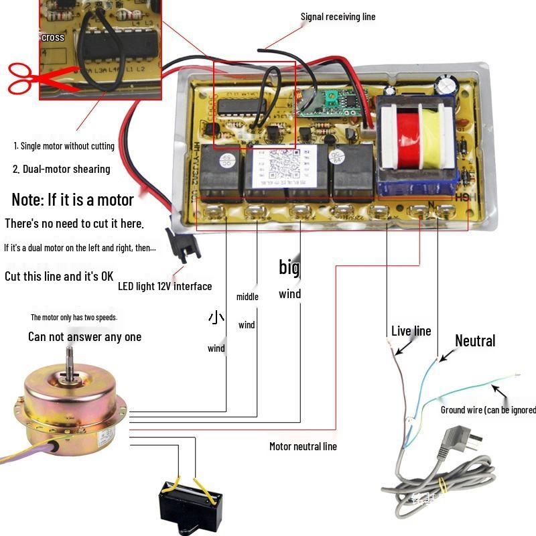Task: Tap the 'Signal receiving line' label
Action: (338, 17)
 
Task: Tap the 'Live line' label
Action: (411, 331)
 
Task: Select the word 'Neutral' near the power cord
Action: (475, 341)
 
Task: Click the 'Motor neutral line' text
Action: (303, 446)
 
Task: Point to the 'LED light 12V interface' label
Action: (165, 287)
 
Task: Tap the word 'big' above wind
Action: (289, 268)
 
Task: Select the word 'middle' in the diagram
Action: (247, 297)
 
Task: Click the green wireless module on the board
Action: (318, 103)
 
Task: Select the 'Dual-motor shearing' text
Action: (61, 169)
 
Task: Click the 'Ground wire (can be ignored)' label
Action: (488, 409)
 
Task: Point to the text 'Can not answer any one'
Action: (84, 336)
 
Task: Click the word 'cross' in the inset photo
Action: (53, 38)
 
